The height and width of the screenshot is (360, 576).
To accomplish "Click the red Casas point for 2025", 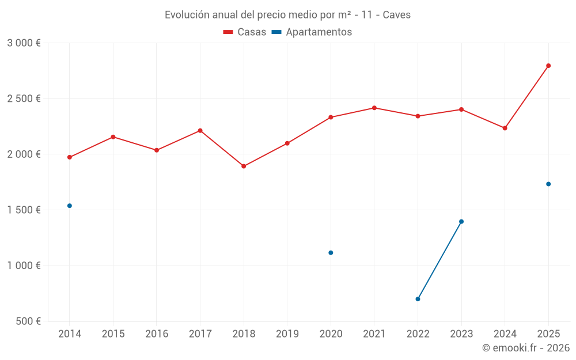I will point(548,66).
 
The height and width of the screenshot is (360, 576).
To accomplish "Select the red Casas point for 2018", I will point(244,166).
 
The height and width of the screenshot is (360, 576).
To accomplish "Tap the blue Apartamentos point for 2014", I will point(70,206).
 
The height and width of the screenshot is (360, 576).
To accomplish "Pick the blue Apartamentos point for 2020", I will point(331,253).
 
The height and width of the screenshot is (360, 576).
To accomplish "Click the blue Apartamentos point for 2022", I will point(418,299).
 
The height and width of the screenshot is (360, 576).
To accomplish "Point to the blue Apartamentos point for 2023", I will point(461,222).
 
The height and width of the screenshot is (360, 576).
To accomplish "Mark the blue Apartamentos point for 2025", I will point(548,184).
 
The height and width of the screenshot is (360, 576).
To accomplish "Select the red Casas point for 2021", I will point(374,108).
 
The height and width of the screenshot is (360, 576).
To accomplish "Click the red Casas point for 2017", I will point(200,131).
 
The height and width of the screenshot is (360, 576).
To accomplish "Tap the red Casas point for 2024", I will point(505,128).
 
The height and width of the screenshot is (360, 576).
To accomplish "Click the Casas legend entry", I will point(245,32).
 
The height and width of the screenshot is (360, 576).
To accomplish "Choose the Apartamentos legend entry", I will point(312,32).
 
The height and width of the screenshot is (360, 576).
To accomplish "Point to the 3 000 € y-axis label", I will point(24,43).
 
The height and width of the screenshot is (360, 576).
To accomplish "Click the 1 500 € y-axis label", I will point(24,210).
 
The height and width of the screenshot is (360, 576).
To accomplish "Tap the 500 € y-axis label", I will point(28,321).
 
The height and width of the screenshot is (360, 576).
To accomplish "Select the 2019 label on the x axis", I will point(287,334).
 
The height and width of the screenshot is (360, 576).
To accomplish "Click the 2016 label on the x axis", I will point(157,334).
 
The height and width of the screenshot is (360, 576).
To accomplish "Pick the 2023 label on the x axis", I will point(461,334).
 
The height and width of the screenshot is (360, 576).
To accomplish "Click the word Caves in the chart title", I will point(397,15).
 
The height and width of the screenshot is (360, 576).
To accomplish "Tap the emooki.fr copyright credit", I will point(526,348).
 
